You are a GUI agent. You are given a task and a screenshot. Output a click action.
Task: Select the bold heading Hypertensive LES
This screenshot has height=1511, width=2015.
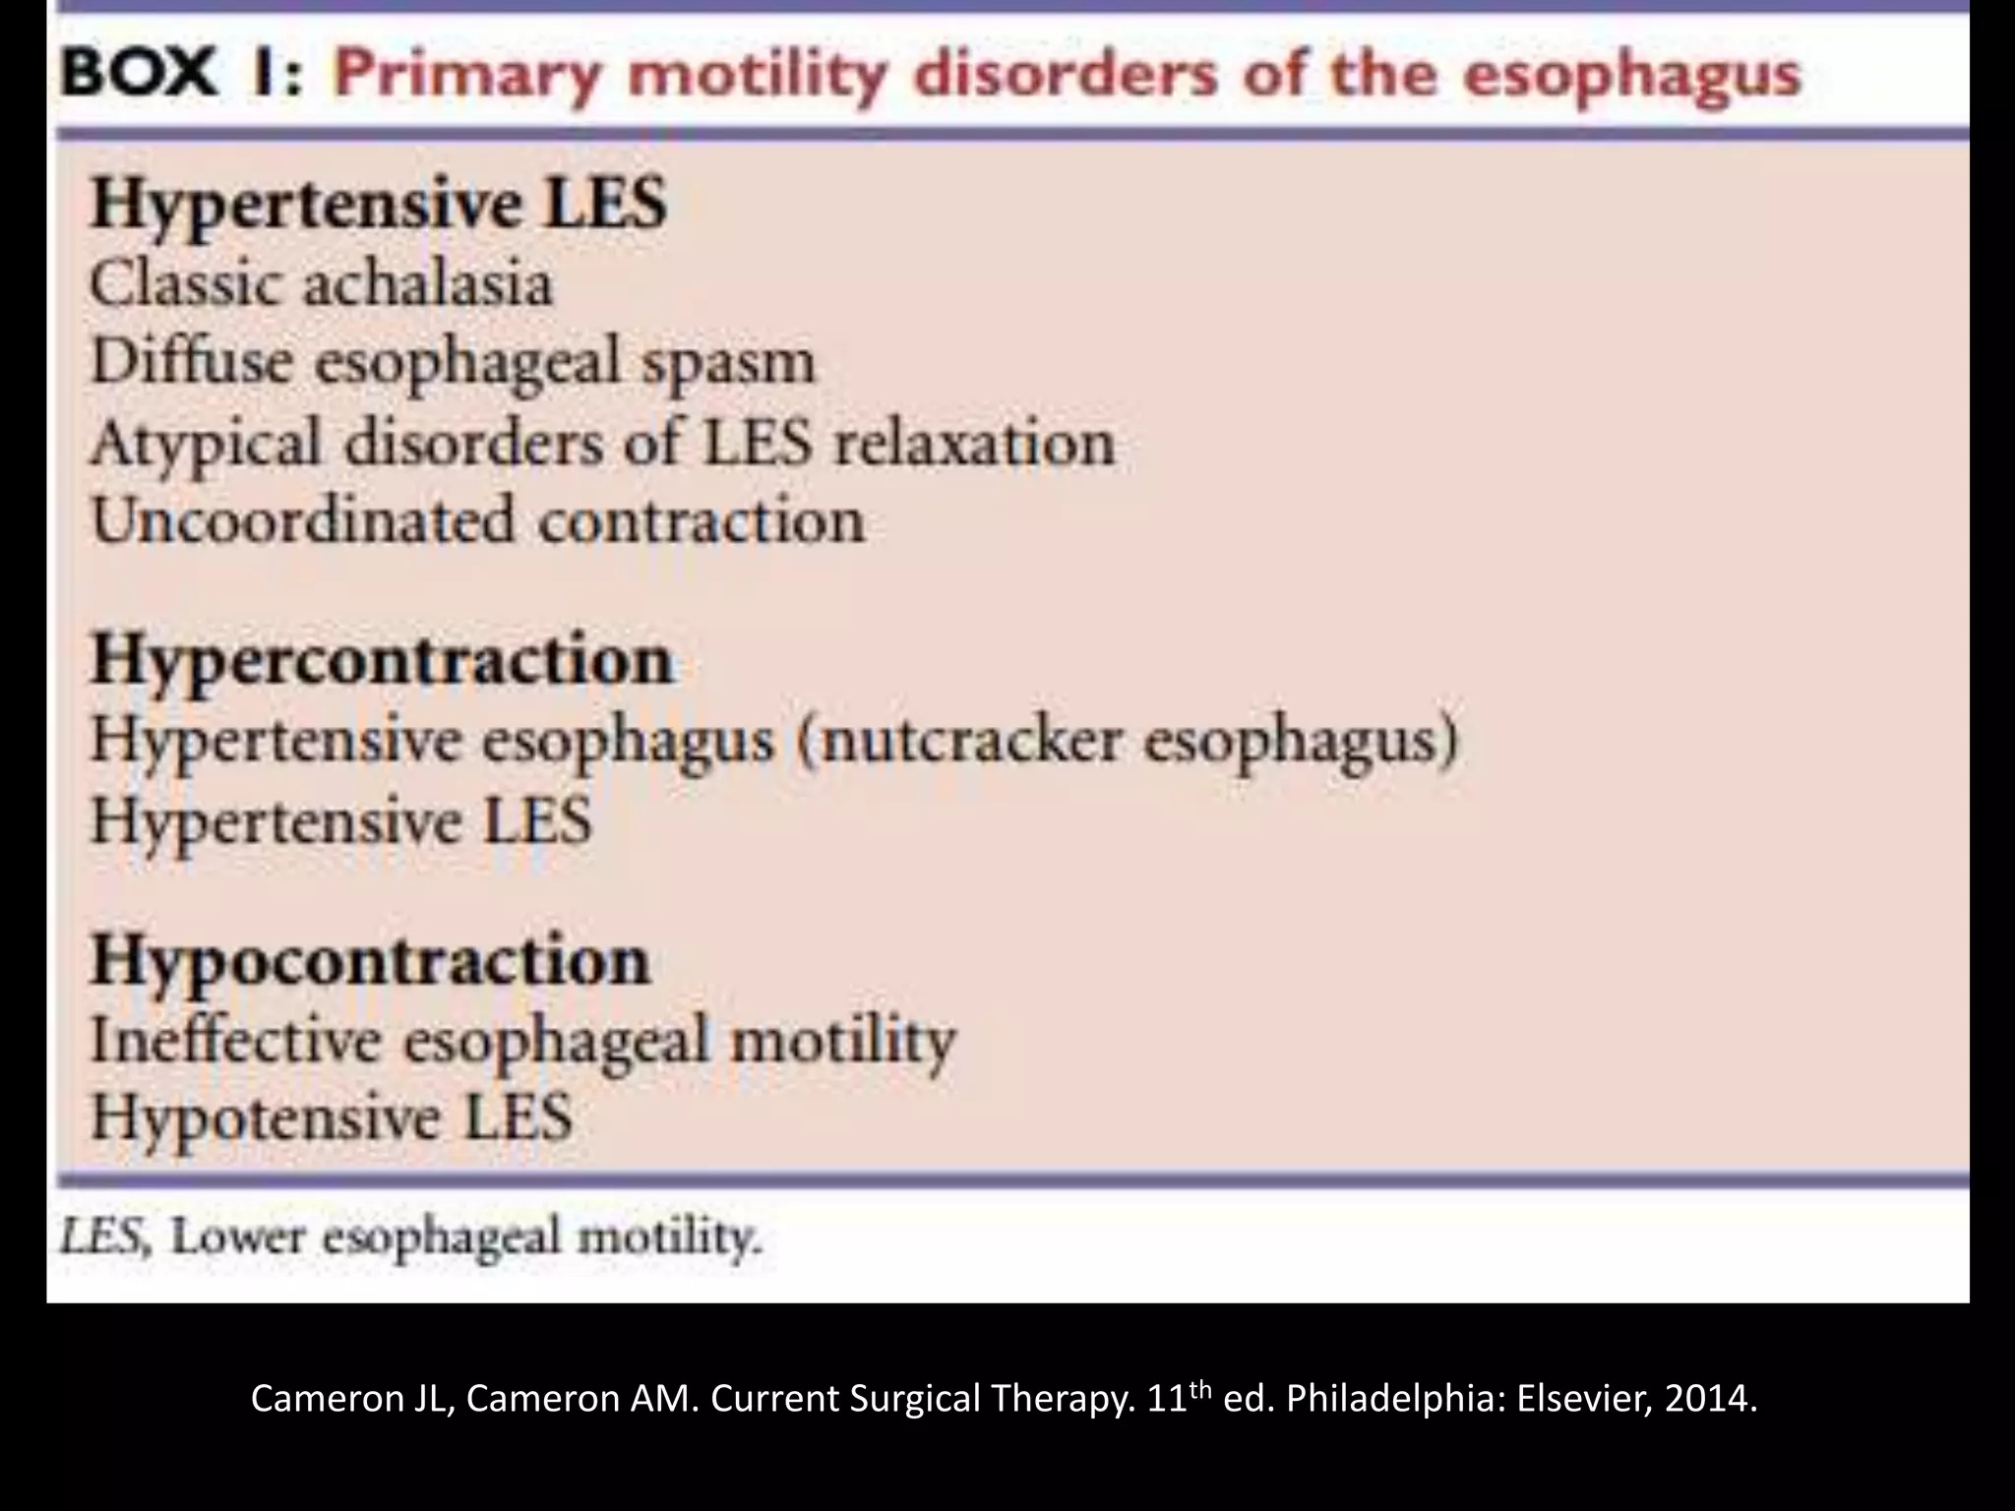(x=379, y=205)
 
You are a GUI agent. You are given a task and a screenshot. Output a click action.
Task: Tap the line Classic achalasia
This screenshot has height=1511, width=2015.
(x=322, y=284)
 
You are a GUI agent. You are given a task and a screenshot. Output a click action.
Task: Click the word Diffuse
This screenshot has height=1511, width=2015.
(x=192, y=361)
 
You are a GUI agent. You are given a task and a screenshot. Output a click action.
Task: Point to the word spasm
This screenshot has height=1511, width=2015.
(x=729, y=364)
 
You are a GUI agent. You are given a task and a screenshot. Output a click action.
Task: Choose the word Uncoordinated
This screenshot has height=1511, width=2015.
(x=303, y=520)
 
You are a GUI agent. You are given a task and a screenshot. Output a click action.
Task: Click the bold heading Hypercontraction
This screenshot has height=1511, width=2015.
(x=383, y=660)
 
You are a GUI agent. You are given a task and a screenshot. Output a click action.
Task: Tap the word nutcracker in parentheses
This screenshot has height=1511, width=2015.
(x=969, y=740)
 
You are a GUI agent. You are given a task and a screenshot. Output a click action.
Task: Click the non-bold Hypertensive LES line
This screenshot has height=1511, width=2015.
(x=341, y=821)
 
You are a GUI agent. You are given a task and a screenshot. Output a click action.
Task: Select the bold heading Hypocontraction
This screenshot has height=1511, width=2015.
(x=371, y=960)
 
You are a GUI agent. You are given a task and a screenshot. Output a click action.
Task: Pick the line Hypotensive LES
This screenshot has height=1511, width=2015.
(x=332, y=1118)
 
